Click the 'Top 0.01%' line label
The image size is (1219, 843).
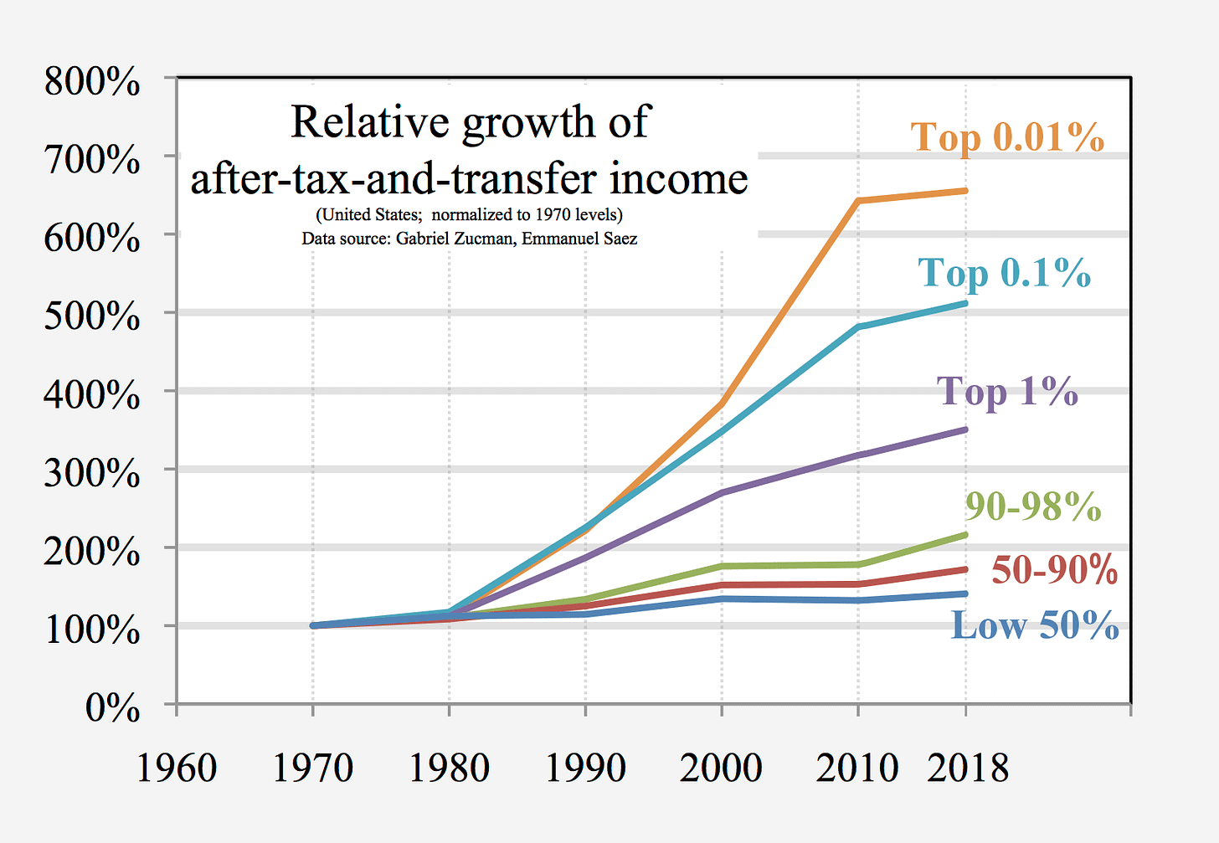(1006, 137)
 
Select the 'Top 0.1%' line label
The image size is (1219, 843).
(1004, 273)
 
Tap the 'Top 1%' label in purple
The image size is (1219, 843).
(1007, 391)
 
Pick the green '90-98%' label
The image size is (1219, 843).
(1032, 506)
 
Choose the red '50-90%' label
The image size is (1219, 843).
(1054, 570)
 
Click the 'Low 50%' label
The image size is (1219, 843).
(1035, 625)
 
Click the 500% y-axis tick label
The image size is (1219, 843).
(92, 316)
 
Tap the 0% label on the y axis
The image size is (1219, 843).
(112, 708)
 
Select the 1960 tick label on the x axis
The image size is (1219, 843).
(177, 768)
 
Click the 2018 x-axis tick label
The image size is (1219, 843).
(967, 768)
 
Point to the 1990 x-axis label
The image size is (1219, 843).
(585, 768)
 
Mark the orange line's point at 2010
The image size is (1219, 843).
(858, 201)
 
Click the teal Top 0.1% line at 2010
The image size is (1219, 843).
(858, 327)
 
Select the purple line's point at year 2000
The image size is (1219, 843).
(722, 493)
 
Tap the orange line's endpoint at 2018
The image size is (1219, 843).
(965, 191)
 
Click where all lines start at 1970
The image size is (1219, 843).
(313, 625)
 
